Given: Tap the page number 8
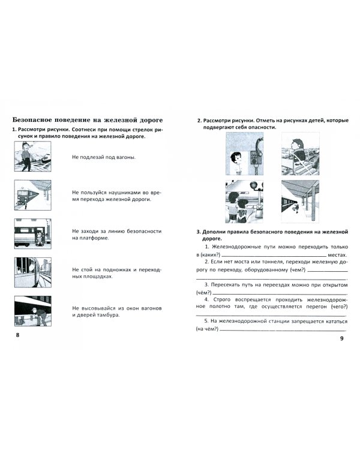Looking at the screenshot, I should click(18, 334).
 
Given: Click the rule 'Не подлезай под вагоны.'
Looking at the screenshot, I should click(103, 157).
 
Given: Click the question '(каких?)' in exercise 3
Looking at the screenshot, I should click(208, 255).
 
